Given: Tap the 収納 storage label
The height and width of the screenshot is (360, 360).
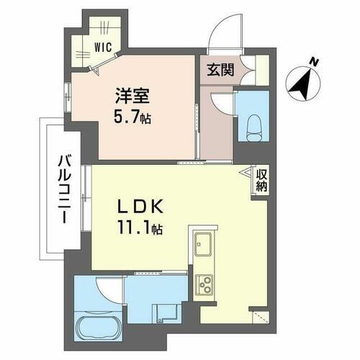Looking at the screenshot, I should [261, 180].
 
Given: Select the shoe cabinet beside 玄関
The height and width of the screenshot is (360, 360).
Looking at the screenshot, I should [249, 71].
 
